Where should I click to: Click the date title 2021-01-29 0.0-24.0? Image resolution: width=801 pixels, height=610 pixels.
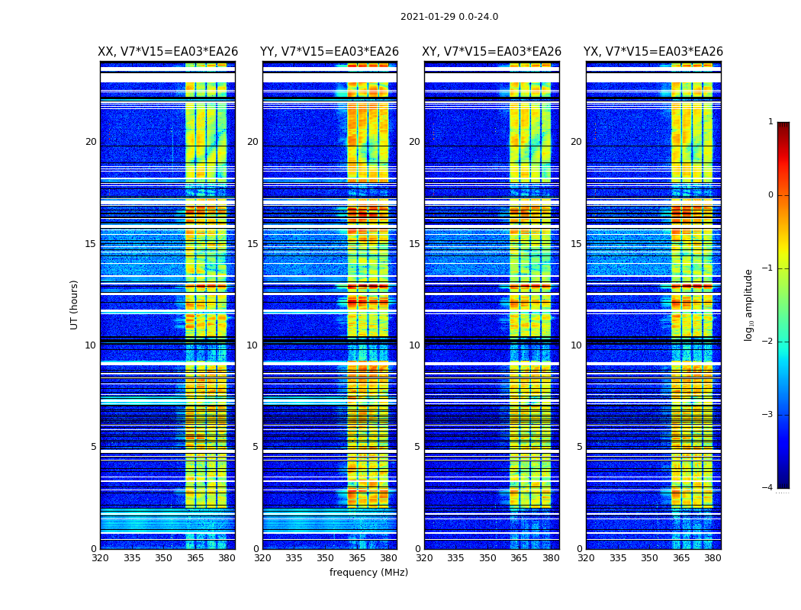tap(449, 17)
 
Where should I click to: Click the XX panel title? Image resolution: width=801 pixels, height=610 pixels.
tap(168, 52)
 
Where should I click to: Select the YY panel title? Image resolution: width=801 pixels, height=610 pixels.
tap(330, 52)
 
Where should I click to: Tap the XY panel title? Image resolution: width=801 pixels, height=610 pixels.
tap(492, 52)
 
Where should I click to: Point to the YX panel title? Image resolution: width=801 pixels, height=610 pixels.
tap(653, 52)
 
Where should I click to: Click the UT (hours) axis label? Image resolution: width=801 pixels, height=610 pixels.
tap(75, 304)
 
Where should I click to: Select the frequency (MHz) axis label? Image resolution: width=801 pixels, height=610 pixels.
tap(368, 573)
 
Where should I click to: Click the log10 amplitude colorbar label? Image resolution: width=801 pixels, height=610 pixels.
tap(749, 304)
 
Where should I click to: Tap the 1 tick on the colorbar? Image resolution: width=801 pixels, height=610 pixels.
tap(770, 122)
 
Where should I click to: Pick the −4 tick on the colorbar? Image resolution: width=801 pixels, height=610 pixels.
tap(768, 488)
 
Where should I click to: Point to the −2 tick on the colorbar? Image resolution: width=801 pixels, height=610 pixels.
tap(768, 342)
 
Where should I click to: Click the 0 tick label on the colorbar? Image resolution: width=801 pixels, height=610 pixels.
tap(770, 195)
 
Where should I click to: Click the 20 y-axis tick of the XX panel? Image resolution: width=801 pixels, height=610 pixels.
tap(91, 142)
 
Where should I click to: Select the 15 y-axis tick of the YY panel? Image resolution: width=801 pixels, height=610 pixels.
tap(253, 244)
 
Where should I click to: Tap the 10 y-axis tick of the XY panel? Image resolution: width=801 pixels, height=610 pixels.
tap(414, 345)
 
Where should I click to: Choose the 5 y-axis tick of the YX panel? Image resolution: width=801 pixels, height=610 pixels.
tap(580, 447)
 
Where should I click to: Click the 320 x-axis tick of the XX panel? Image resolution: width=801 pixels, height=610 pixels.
tap(100, 558)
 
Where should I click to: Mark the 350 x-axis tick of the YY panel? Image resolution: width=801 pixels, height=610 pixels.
tap(326, 558)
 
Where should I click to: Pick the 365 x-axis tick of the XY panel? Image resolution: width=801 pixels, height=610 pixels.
tap(520, 558)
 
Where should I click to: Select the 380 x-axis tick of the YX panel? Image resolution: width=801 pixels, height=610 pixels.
tap(713, 558)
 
